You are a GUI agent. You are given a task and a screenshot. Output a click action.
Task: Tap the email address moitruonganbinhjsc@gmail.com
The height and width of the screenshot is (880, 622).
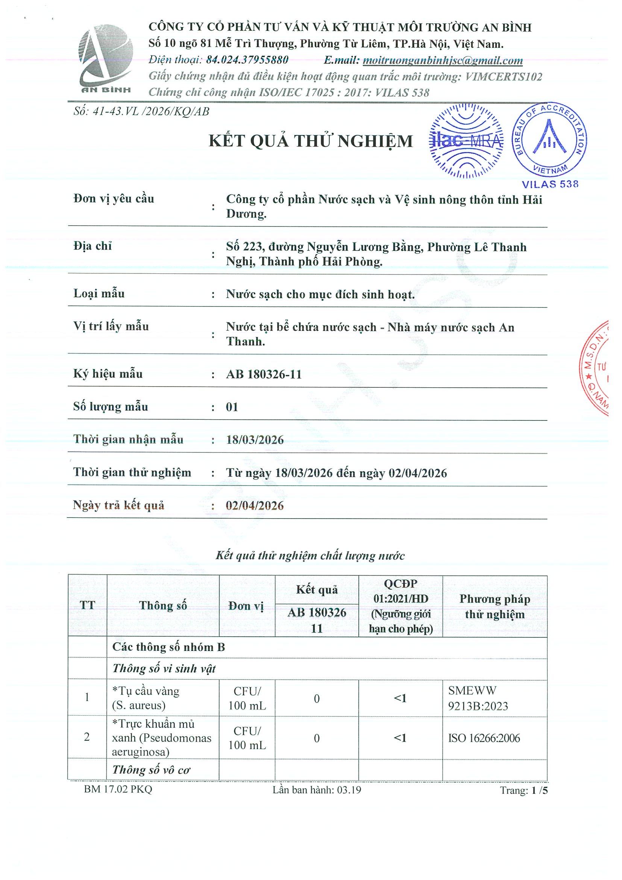click(443, 60)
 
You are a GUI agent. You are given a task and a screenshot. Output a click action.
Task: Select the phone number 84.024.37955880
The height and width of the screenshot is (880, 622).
click(247, 60)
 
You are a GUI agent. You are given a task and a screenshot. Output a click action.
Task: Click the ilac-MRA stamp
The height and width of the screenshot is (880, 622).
click(466, 141)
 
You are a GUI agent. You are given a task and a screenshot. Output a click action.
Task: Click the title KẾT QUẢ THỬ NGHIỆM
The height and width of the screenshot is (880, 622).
click(311, 141)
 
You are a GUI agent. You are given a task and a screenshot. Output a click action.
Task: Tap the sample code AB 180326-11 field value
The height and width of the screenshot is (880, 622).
click(264, 374)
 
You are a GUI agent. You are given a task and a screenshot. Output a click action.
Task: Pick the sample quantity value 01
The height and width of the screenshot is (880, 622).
click(232, 407)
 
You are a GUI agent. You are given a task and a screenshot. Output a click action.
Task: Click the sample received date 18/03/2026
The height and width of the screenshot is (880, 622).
click(255, 440)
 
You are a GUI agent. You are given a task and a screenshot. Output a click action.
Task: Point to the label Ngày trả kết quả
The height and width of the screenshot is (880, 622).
click(119, 505)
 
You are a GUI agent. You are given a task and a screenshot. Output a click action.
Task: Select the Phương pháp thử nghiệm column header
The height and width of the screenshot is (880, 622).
click(495, 606)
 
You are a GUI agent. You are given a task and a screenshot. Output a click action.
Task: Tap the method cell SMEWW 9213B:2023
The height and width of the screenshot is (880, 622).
click(478, 698)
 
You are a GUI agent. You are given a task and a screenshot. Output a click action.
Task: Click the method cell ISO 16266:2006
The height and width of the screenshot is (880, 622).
click(484, 738)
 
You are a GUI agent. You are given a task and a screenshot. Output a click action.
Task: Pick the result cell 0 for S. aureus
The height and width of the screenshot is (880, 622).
click(317, 698)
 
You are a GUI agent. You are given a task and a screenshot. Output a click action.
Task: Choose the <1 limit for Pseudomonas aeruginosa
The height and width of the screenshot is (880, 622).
click(400, 738)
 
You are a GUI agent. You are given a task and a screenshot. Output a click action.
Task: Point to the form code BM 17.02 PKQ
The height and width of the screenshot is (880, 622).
click(118, 789)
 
